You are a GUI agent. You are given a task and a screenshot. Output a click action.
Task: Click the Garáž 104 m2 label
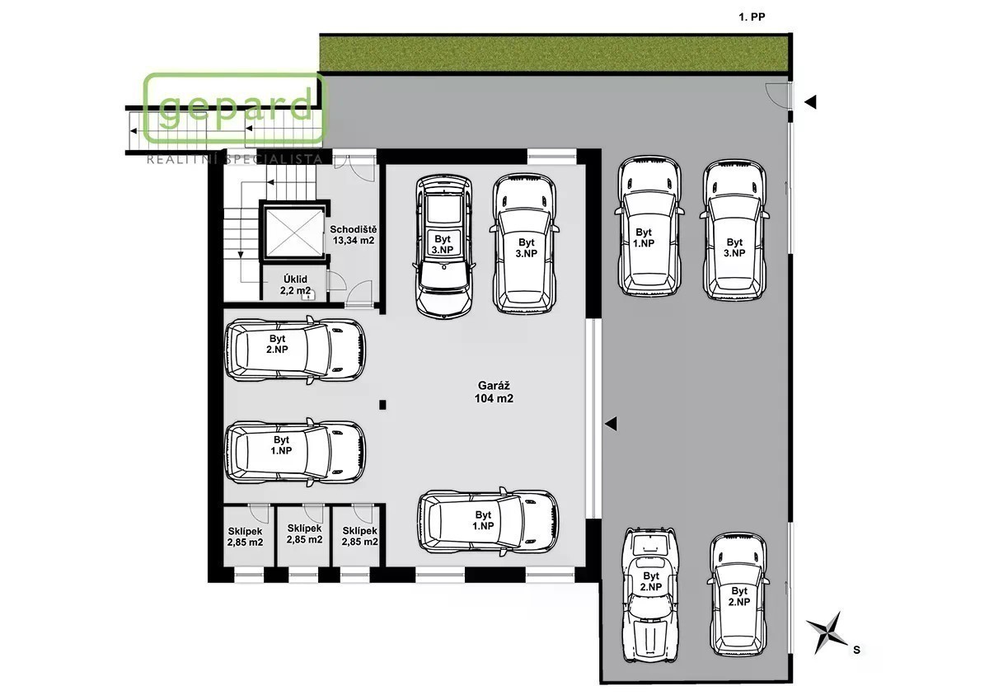pyautogui.click(x=494, y=392)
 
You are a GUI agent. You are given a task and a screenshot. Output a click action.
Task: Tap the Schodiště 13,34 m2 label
pyautogui.click(x=354, y=235)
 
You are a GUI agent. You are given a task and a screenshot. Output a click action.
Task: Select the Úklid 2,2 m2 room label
pyautogui.click(x=295, y=284)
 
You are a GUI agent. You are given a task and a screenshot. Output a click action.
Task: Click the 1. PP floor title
pyautogui.click(x=752, y=17)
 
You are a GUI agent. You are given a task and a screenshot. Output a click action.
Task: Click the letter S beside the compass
pyautogui.click(x=857, y=650)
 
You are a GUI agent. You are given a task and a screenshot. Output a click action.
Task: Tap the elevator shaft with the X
pyautogui.click(x=294, y=233)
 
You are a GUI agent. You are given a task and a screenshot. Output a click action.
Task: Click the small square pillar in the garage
pyautogui.click(x=382, y=405)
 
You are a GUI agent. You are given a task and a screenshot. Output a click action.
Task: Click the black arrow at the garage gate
pyautogui.click(x=611, y=424)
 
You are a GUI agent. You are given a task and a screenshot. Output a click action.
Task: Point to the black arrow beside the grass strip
pyautogui.click(x=810, y=102)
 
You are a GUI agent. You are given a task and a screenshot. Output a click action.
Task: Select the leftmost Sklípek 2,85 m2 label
pyautogui.click(x=245, y=537)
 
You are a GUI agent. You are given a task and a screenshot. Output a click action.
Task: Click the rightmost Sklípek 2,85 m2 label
pyautogui.click(x=360, y=536)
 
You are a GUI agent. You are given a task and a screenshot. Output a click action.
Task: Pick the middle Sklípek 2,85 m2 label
pyautogui.click(x=305, y=533)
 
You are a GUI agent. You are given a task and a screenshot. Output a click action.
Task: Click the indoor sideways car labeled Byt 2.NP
pyautogui.click(x=295, y=350)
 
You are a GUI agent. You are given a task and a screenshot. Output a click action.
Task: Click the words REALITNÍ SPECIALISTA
pyautogui.click(x=234, y=159)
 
